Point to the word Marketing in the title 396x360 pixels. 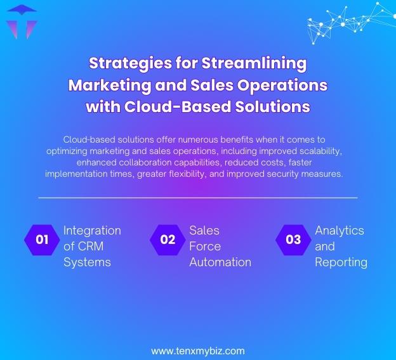click(x=114, y=85)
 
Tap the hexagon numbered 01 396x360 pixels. click(x=42, y=240)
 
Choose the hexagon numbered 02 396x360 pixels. click(x=168, y=240)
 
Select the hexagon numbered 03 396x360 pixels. click(x=293, y=240)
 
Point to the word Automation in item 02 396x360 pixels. click(x=220, y=262)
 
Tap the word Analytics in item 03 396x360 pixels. click(x=340, y=230)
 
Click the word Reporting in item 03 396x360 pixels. click(x=341, y=262)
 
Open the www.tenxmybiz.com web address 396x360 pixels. click(x=198, y=350)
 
